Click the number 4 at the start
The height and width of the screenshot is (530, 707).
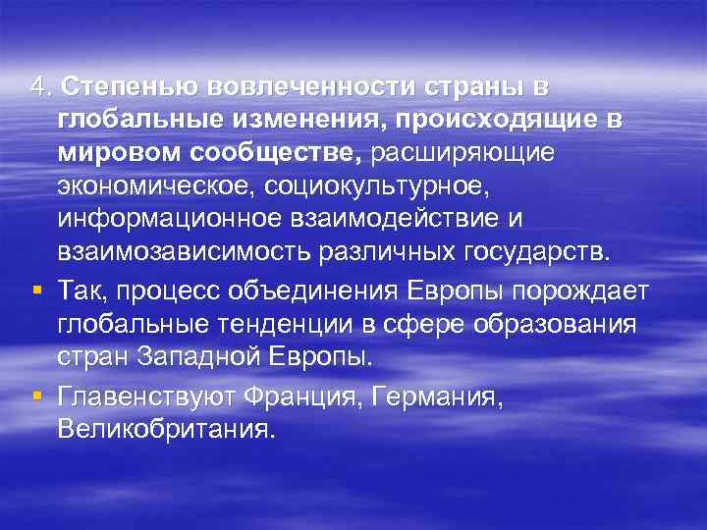pos(36,87)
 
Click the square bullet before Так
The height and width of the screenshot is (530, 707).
pos(35,289)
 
